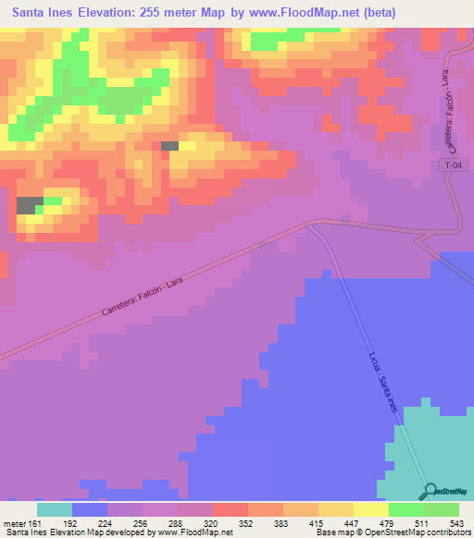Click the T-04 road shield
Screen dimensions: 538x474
(451, 164)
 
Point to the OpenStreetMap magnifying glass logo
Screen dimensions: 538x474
(431, 492)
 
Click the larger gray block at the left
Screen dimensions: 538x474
(30, 205)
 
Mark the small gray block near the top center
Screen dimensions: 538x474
(169, 146)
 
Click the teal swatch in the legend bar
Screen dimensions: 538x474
(55, 509)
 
